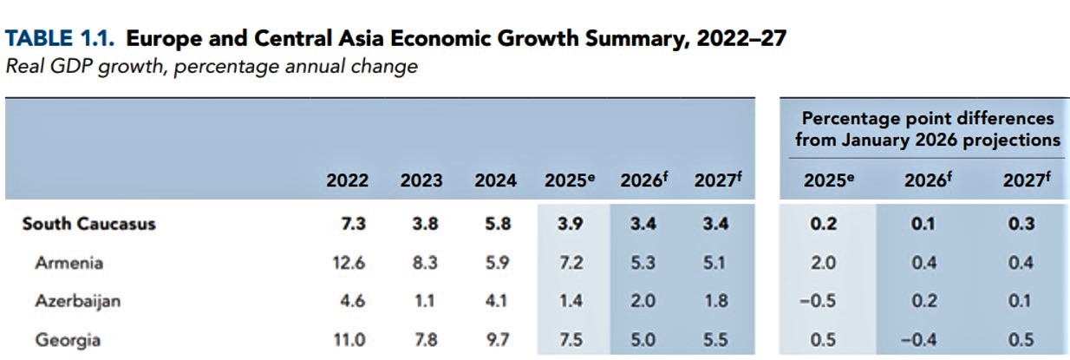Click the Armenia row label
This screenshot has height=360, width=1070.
pos(69,264)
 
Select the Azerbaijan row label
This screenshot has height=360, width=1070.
pos(77,301)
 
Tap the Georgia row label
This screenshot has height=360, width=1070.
pos(68,339)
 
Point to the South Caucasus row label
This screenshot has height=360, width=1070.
pos(88,224)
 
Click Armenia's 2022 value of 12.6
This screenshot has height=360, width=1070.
pos(347,264)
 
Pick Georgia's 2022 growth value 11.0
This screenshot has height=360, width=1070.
pos(347,339)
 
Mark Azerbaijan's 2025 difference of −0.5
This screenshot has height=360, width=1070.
pos(822,301)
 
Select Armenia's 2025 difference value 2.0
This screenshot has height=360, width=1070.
pos(825,264)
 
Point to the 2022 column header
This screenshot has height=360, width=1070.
pos(347,181)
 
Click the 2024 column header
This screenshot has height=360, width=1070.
pos(495,181)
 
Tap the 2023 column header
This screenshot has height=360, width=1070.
pos(421,181)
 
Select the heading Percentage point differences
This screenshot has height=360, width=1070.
pos(928,118)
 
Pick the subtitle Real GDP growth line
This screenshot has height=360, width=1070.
pos(212,67)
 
